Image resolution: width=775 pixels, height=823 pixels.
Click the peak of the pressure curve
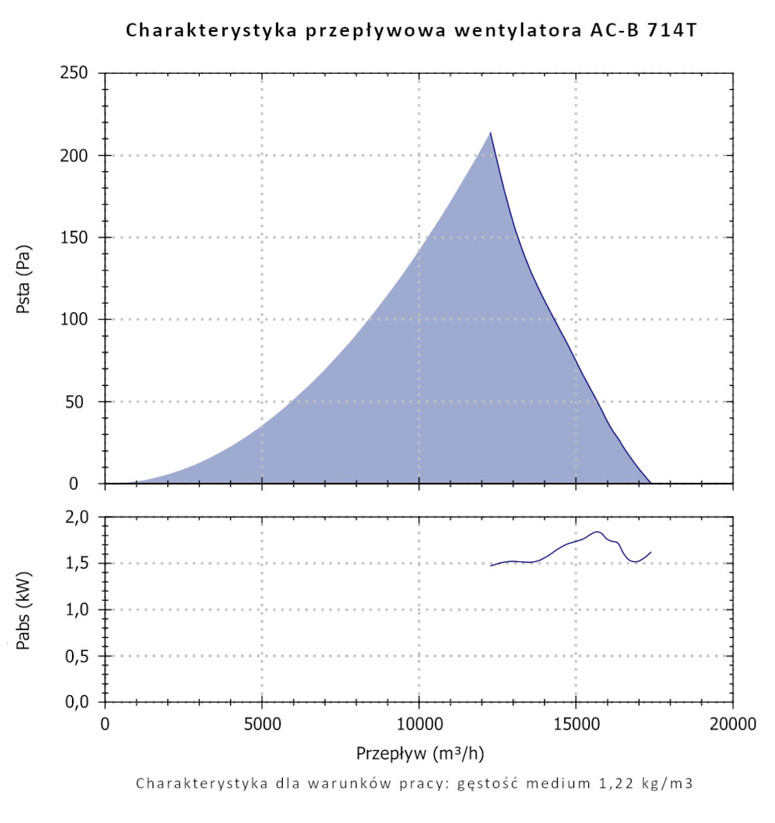click(490, 133)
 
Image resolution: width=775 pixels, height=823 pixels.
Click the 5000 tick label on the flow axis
click(262, 725)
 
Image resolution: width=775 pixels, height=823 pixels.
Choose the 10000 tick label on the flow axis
click(418, 725)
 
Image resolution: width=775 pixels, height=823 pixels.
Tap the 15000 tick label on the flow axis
click(576, 725)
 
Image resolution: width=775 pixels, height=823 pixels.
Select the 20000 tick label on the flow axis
click(732, 725)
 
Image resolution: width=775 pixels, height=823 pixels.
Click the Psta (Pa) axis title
click(25, 279)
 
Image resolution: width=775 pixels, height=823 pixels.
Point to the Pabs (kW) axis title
click(25, 610)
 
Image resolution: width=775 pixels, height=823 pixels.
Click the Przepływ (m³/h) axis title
click(421, 753)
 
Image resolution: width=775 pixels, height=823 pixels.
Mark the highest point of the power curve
click(597, 532)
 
